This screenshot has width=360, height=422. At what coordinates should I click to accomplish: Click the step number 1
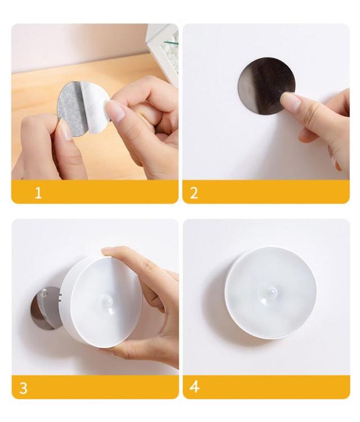[38, 192]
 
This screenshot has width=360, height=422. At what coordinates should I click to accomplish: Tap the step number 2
[193, 192]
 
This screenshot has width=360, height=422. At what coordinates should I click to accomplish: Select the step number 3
[24, 388]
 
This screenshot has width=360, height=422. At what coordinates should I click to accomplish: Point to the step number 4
[195, 387]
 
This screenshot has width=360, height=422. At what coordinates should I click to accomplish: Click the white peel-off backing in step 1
[97, 107]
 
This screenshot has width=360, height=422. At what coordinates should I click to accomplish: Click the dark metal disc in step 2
[267, 86]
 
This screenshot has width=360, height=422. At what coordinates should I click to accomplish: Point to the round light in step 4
[271, 293]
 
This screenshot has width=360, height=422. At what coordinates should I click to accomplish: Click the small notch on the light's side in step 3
[60, 295]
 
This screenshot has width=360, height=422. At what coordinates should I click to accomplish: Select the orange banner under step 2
[266, 192]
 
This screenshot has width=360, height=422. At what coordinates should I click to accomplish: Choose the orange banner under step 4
[267, 387]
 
